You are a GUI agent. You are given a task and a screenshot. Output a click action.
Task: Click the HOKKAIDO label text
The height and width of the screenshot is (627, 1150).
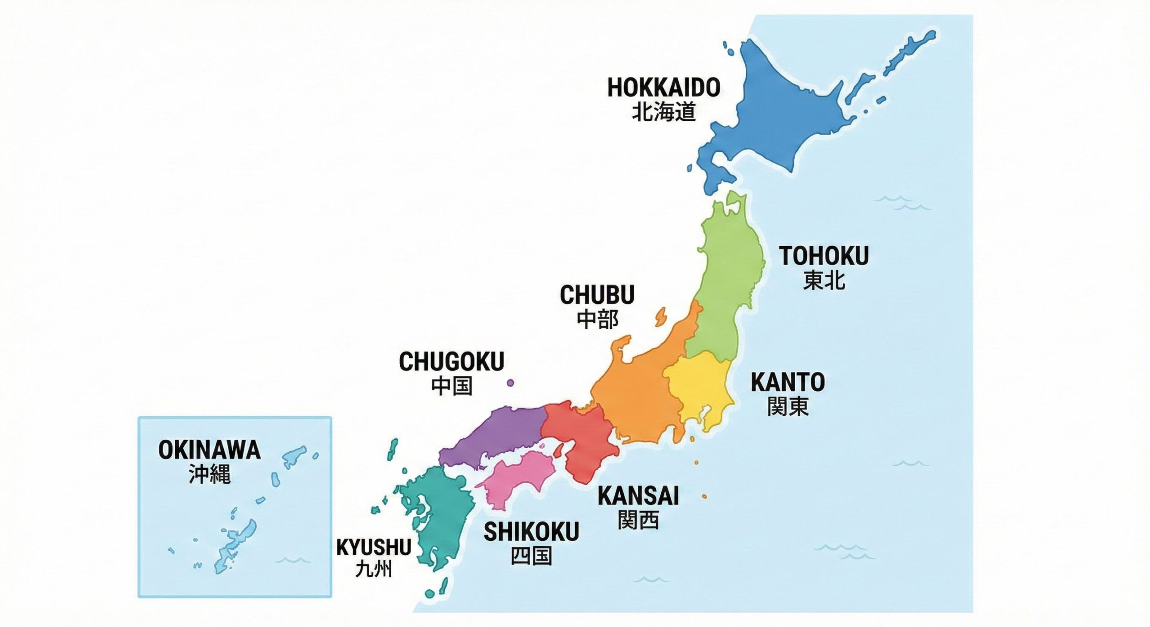663,88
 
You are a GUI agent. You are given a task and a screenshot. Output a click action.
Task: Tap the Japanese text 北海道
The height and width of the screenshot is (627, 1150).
663,112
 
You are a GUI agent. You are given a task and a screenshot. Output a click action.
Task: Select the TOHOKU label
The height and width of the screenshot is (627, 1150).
824,256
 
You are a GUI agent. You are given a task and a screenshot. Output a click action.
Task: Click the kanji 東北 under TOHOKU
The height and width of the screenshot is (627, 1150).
824,280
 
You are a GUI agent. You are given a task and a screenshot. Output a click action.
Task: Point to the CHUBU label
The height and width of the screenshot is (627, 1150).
597,295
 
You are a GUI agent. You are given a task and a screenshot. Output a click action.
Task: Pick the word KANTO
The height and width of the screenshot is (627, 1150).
788,382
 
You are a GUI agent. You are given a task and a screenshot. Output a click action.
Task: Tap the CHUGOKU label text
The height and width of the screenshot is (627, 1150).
451,362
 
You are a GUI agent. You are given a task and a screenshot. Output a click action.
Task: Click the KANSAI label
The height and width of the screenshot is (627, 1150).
638,496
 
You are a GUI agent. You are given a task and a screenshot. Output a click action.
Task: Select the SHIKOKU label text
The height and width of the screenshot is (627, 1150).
531,532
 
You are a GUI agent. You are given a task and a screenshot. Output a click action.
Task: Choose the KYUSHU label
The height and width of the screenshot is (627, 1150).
373,548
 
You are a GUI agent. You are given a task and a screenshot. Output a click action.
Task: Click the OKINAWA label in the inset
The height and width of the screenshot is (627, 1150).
209,450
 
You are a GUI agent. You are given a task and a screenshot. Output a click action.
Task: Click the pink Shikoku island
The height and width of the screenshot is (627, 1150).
517,478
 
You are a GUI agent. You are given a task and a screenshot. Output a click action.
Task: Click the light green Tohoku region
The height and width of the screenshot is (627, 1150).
728,278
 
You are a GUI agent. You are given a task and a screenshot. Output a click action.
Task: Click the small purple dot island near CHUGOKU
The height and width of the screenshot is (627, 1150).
510,383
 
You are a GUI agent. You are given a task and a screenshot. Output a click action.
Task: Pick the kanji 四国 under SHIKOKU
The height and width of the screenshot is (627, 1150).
531,556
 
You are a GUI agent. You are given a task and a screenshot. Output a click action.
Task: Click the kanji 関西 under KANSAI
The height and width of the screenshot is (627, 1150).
638,520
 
